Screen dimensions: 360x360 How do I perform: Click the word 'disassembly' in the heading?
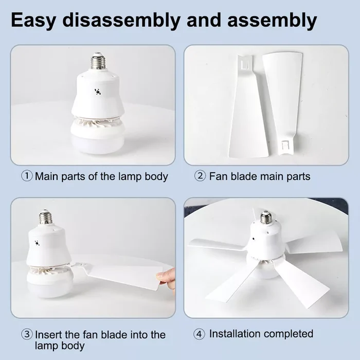[121, 21]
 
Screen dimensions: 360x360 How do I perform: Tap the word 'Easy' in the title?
[33, 21]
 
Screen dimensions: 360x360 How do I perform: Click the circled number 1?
[27, 176]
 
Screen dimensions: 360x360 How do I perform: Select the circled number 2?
[200, 176]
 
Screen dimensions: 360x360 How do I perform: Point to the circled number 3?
[27, 334]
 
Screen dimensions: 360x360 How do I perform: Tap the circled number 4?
[199, 334]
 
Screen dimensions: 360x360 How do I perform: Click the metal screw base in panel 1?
[98, 61]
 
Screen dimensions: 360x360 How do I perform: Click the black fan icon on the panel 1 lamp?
[98, 92]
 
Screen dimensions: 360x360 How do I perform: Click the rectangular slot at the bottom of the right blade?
[285, 145]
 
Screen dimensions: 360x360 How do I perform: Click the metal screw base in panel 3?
[45, 217]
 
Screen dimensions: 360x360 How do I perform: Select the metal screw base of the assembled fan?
[266, 217]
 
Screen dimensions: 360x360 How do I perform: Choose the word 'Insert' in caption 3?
[48, 334]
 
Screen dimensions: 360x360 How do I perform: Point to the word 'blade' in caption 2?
[244, 176]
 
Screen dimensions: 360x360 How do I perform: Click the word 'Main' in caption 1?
[47, 176]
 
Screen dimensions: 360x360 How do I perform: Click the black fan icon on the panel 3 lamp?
[37, 243]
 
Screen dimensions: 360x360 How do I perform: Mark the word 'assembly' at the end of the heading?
[272, 21]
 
